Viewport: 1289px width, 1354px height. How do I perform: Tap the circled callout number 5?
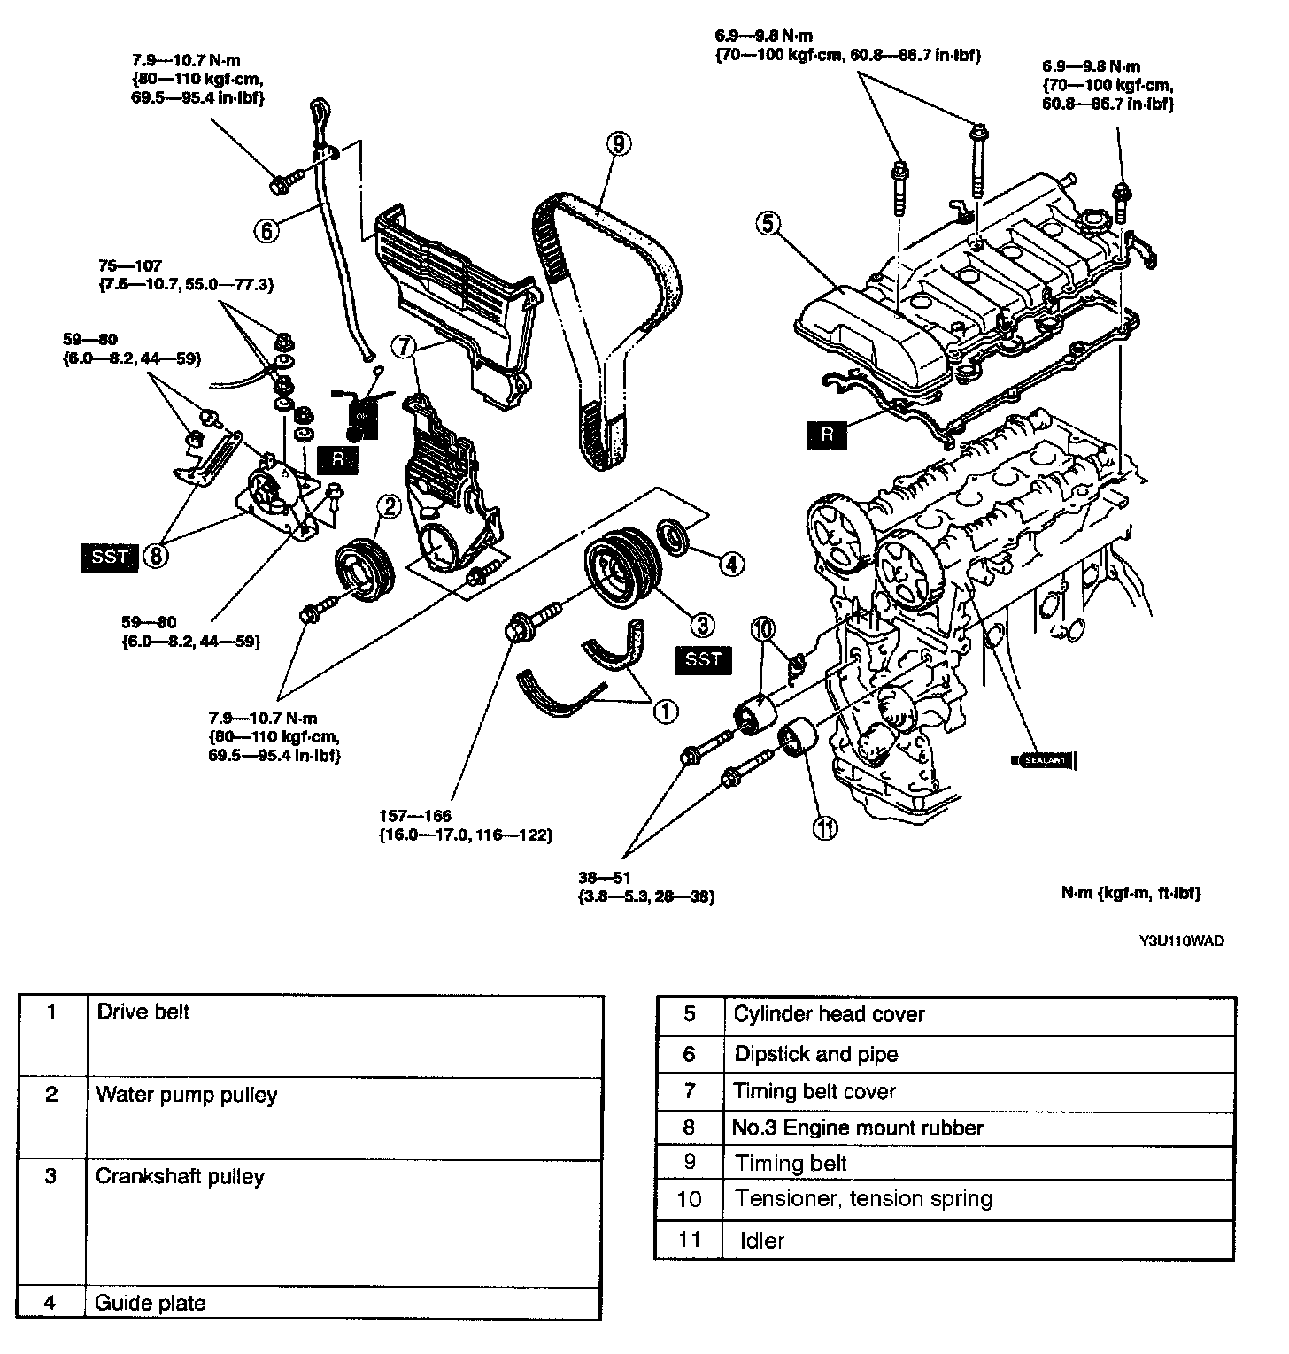coord(768,225)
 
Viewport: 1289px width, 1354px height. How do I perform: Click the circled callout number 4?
coord(731,563)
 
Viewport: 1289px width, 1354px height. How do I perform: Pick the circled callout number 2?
coord(390,505)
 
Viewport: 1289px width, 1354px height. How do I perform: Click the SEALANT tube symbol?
coord(1044,759)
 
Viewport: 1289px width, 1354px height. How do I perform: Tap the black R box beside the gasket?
coord(828,434)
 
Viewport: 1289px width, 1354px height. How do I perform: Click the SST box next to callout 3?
coord(703,658)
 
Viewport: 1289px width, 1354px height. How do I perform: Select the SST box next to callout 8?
coord(110,557)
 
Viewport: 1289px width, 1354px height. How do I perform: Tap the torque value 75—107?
coord(132,265)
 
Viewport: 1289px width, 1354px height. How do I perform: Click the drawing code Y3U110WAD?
coord(1181,941)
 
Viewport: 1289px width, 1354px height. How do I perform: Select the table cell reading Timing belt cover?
coord(814,1091)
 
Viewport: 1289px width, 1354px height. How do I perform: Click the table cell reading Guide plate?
coord(151,1303)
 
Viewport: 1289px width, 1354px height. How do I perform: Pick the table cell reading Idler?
coord(762,1241)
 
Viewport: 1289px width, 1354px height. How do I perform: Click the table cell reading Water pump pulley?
coord(186,1095)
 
